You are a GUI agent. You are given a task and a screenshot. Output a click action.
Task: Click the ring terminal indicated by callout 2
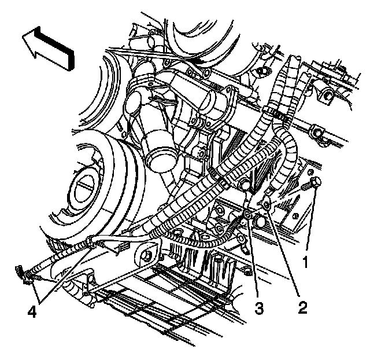coord(267,204)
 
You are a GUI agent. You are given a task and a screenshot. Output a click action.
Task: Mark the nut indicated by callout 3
coord(246,215)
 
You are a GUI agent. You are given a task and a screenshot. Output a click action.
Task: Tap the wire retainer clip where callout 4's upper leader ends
coord(89,243)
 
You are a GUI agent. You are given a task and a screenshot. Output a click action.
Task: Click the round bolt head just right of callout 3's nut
coord(258,220)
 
